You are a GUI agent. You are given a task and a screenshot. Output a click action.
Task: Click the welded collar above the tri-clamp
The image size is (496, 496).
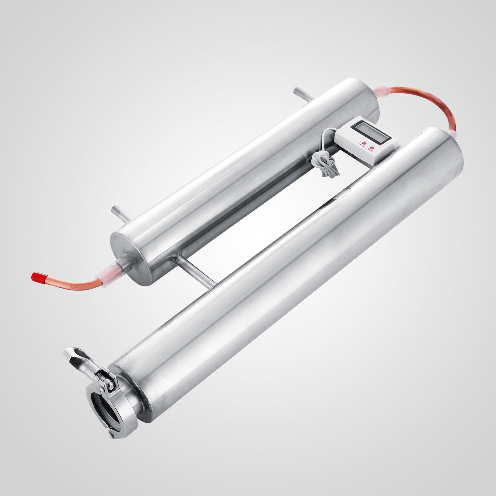coord(130,387)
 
